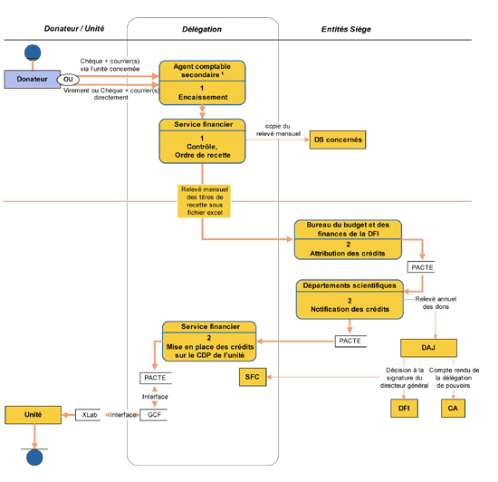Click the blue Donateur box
tap(32, 79)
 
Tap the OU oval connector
tap(68, 80)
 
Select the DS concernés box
tap(338, 140)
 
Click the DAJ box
tap(428, 348)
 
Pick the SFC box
tap(253, 377)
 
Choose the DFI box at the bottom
tap(404, 409)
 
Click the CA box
tap(453, 409)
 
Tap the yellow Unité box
tap(33, 415)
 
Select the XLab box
tap(89, 415)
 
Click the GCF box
tap(154, 415)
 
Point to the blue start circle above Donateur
tap(33, 53)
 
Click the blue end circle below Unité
tap(34, 458)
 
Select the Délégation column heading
tap(202, 29)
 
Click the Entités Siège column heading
tap(346, 29)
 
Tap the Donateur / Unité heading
tap(74, 29)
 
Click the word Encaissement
tap(203, 97)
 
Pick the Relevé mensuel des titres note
tap(205, 201)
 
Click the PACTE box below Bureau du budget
tap(421, 267)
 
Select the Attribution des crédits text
tap(348, 254)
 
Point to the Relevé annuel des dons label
tap(436, 303)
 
